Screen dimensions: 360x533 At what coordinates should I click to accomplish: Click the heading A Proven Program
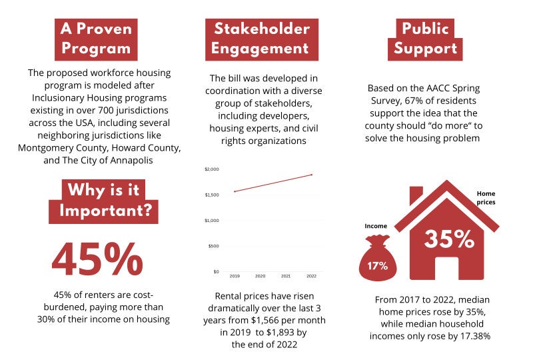95,39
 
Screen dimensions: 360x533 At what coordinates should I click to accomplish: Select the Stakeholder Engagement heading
261,39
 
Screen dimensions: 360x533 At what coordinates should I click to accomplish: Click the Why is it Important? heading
104,200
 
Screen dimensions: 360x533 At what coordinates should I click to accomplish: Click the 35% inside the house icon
448,238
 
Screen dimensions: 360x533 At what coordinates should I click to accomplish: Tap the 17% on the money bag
377,266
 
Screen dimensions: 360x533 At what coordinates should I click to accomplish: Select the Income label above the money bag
376,226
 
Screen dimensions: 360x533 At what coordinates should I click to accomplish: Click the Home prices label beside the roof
486,197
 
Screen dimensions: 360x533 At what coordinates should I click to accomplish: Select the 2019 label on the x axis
235,275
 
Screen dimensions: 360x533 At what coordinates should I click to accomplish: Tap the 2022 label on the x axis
312,275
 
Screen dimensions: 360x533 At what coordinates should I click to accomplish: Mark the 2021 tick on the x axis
286,275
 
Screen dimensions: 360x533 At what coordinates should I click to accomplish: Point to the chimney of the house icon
416,195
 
